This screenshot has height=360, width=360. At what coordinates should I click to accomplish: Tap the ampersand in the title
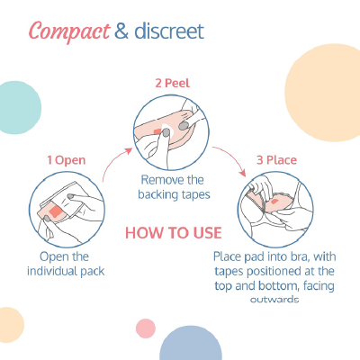pos(121,32)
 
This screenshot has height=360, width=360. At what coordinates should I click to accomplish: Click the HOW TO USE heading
pos(172,231)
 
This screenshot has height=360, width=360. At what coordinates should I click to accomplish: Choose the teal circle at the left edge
pos(15,106)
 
